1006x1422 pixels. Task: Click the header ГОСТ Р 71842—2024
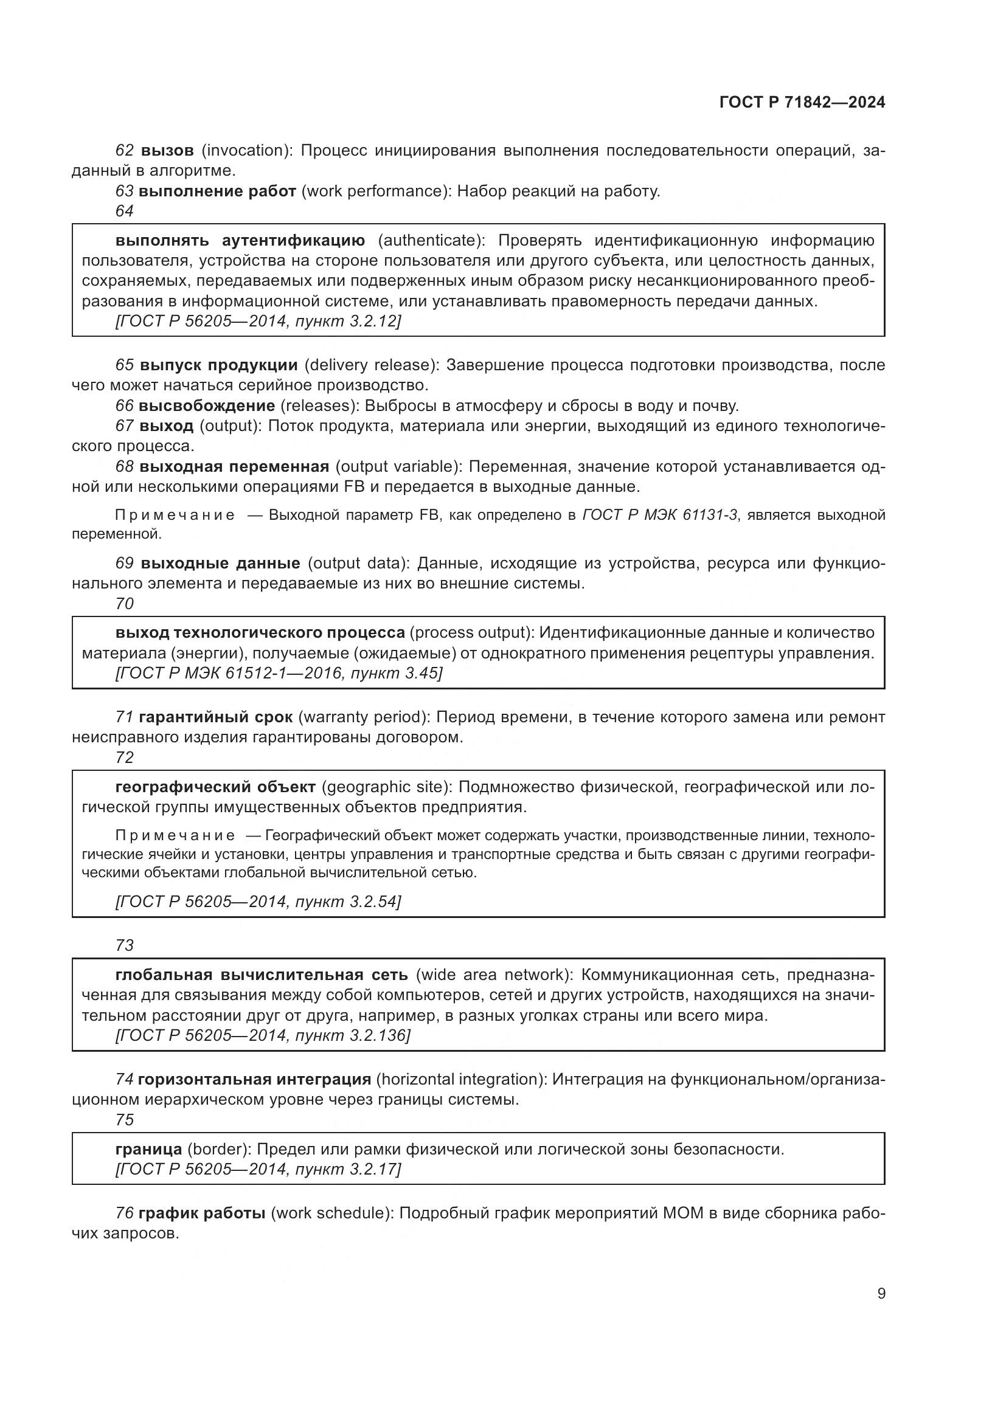(802, 103)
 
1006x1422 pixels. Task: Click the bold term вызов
(167, 151)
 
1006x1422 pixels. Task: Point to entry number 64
(125, 211)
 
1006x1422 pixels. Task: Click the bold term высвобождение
(207, 406)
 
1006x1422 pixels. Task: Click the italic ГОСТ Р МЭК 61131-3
(660, 516)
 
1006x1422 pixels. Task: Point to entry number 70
(125, 603)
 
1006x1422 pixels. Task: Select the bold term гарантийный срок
(215, 717)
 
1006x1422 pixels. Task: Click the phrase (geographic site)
(387, 787)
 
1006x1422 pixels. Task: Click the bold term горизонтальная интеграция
(254, 1079)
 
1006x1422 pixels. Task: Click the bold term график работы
(202, 1213)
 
